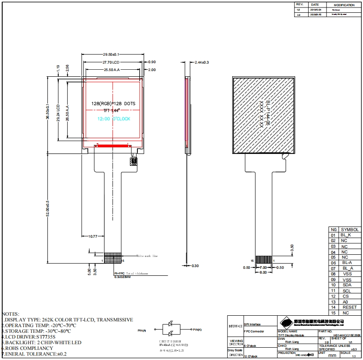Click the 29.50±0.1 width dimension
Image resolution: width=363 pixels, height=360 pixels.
click(111, 54)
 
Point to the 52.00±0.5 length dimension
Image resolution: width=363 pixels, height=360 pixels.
click(47, 208)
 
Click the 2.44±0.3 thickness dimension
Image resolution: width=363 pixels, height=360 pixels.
click(201, 62)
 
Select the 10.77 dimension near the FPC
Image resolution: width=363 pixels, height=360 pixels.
click(93, 236)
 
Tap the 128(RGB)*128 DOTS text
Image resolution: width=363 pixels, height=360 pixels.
click(113, 103)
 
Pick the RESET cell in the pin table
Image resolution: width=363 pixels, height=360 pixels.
click(350, 307)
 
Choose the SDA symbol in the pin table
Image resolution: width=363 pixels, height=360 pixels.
click(347, 285)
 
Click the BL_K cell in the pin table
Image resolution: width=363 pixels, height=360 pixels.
click(346, 235)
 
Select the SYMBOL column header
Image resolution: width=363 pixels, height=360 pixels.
click(350, 229)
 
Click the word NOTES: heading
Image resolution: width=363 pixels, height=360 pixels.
click(11, 314)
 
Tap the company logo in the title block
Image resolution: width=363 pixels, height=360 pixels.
click(286, 323)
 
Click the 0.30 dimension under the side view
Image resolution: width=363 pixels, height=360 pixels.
click(195, 266)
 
